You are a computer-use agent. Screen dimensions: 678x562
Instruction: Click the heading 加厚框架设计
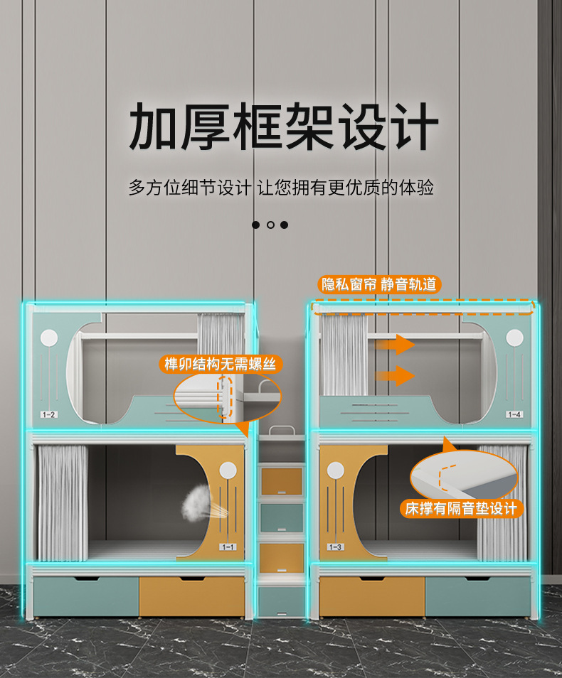(282, 128)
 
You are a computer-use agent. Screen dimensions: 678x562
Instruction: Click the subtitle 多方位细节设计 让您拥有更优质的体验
(281, 188)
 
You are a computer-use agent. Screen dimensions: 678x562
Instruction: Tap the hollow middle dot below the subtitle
(270, 225)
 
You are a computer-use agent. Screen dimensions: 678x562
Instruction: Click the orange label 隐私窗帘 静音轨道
(378, 285)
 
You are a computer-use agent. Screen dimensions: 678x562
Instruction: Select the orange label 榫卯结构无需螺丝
(220, 365)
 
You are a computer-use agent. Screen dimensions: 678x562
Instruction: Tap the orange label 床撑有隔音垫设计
(462, 508)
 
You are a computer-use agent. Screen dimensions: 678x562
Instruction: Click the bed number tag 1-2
(49, 414)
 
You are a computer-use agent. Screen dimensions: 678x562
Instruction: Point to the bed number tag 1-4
(514, 414)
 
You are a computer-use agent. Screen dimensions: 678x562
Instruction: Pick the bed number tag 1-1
(228, 547)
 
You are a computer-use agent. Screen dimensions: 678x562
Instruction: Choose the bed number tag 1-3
(335, 547)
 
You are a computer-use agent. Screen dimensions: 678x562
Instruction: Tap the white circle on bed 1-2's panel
(49, 337)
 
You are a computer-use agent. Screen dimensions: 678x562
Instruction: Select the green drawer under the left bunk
(86, 596)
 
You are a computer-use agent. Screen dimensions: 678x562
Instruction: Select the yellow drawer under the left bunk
(191, 596)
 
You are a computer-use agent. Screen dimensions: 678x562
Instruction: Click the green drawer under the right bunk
(477, 596)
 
